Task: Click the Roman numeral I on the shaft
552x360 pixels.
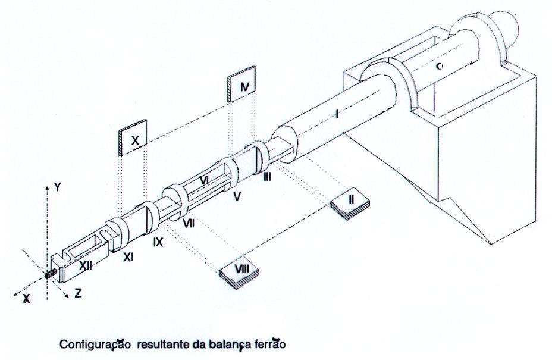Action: (336, 112)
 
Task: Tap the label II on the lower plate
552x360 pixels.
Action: (351, 199)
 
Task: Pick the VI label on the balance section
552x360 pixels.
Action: (203, 179)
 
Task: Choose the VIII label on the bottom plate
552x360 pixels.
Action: (241, 268)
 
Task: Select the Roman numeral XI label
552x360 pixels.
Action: (128, 257)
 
